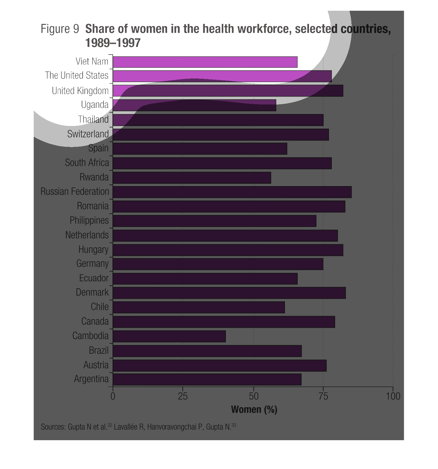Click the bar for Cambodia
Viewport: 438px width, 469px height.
click(169, 336)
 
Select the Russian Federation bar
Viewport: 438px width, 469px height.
click(232, 192)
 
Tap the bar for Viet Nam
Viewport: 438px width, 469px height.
click(205, 62)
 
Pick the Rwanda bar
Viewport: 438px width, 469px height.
click(192, 177)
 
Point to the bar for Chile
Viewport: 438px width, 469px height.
click(199, 307)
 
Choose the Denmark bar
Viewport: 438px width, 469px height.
click(229, 293)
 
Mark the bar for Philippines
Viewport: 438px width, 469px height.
click(214, 221)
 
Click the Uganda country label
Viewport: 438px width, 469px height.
click(95, 105)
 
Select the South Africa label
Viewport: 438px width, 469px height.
click(87, 163)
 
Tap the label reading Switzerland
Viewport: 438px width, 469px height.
click(88, 134)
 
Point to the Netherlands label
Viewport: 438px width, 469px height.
click(87, 235)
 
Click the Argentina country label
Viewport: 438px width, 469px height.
click(91, 379)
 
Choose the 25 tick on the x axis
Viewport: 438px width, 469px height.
click(183, 396)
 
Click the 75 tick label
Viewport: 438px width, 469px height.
click(323, 396)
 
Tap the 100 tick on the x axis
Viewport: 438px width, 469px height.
click(393, 396)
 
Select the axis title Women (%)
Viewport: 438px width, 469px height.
click(254, 409)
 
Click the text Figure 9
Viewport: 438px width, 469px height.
click(60, 29)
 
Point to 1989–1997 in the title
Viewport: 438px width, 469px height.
click(113, 43)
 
